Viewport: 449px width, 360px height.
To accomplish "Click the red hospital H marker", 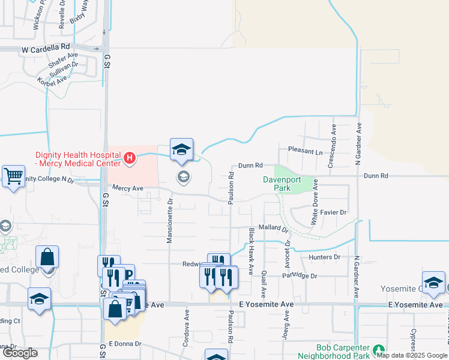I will click(x=129, y=159).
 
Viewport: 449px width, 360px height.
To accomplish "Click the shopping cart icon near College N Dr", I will click(x=13, y=176).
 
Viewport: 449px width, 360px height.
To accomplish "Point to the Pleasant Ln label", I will click(x=305, y=152).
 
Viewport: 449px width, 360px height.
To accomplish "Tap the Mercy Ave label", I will click(x=128, y=188).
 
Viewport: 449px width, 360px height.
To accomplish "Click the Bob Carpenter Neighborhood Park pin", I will click(x=378, y=349).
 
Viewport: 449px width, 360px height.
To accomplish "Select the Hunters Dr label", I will click(x=325, y=257).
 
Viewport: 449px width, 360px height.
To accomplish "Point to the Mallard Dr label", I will click(x=273, y=228).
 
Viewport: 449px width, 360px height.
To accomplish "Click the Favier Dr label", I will click(x=334, y=212).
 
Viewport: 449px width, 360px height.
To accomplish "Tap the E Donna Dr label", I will click(x=124, y=344).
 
